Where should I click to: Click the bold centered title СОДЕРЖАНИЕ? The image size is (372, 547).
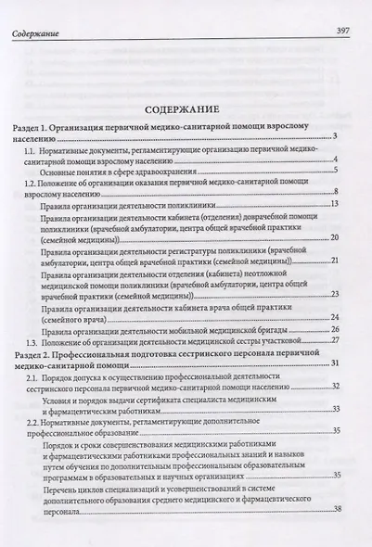click(184, 104)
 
